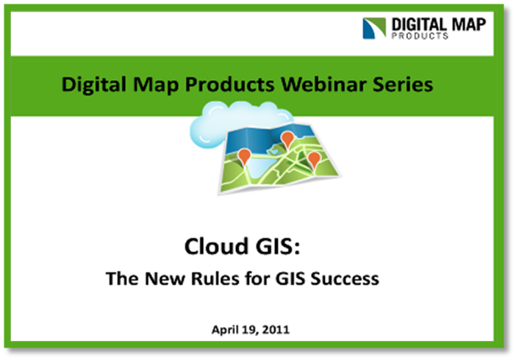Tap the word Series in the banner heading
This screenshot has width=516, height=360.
[x=403, y=84]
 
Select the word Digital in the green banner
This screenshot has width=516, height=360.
[x=94, y=84]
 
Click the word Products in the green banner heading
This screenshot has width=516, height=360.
[x=229, y=84]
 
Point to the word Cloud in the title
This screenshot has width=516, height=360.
[x=216, y=246]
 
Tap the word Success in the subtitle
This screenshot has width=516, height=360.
[x=345, y=278]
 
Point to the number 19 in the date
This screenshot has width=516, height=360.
[x=248, y=330]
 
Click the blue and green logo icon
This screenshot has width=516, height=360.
[x=374, y=28]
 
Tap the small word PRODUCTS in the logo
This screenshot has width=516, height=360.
[x=420, y=35]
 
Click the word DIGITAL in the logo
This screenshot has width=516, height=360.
[x=419, y=25]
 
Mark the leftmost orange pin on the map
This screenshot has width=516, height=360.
[x=244, y=156]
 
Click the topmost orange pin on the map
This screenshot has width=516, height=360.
[x=287, y=139]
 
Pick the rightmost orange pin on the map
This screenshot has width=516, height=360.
[x=314, y=160]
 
